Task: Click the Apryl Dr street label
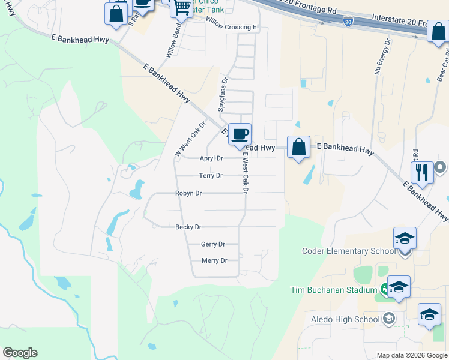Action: [x=211, y=158]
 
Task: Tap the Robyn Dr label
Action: [x=188, y=193]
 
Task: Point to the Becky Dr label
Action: [x=188, y=227]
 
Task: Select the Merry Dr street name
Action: [x=214, y=260]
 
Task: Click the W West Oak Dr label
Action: [x=190, y=139]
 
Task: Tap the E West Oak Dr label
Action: [x=245, y=172]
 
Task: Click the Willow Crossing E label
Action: [x=231, y=27]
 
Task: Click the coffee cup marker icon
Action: [x=240, y=134]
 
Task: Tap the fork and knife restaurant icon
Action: [x=423, y=172]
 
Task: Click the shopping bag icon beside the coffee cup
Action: [x=299, y=146]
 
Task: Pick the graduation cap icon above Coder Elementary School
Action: [x=405, y=238]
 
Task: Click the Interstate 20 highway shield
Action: [x=348, y=22]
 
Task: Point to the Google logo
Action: [x=20, y=353]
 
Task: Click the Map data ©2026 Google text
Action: [x=411, y=355]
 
